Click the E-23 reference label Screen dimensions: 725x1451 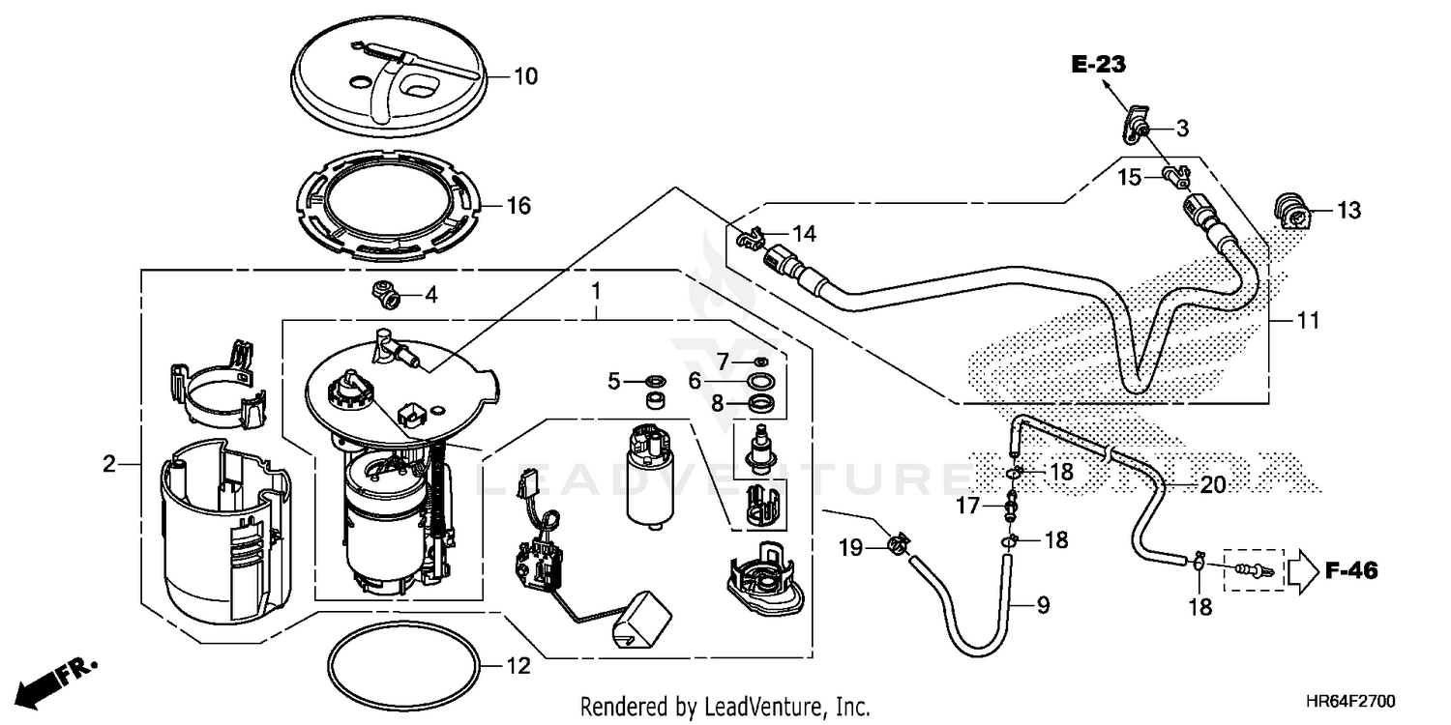1099,66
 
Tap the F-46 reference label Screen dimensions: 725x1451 1350,571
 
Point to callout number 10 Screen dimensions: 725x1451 525,75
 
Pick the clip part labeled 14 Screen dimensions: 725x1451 752,237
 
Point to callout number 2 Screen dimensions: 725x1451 109,465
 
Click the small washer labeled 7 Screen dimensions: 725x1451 760,361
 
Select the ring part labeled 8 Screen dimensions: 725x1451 761,402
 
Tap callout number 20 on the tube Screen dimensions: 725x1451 1212,485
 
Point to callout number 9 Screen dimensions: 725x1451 1043,606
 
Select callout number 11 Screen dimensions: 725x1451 1308,320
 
